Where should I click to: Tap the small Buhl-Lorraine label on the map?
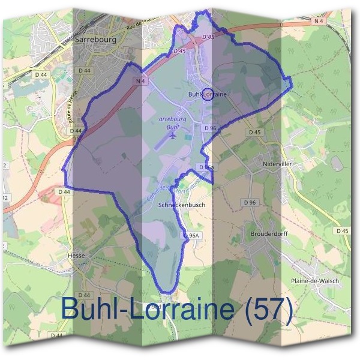208,95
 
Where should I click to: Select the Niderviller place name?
277,163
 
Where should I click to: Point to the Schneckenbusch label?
181,205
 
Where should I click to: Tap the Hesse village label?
77,255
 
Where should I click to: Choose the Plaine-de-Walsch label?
314,281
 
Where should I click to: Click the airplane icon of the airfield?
173,135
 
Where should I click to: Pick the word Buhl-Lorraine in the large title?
146,309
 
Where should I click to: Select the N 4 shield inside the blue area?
140,80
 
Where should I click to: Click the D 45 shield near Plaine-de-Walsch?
342,231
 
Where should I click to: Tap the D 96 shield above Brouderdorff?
250,203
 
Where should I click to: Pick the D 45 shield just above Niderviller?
255,132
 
